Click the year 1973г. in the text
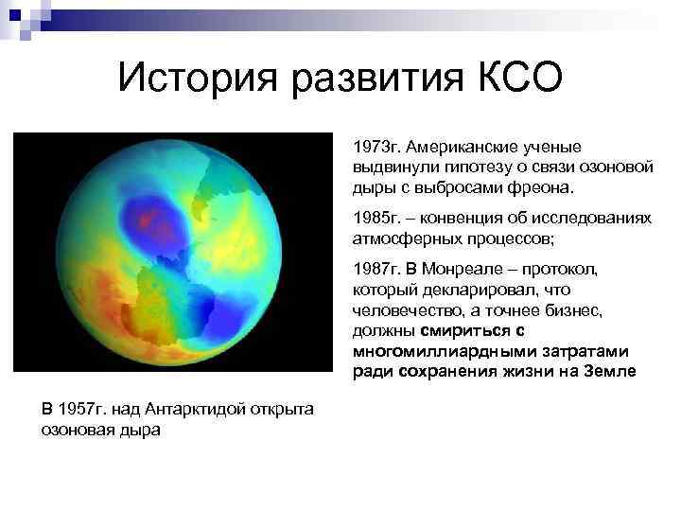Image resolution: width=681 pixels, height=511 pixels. point(378,149)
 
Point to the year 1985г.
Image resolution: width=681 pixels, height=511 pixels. point(378,218)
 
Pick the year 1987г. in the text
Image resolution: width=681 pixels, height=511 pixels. point(378,269)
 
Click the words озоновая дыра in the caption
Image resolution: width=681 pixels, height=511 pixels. point(101,429)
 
